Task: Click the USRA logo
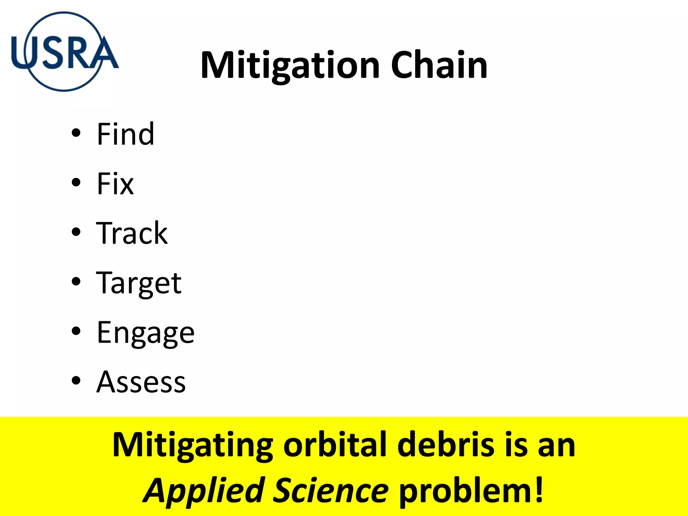click(64, 52)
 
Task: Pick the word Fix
click(115, 183)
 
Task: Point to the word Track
click(132, 233)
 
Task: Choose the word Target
click(139, 283)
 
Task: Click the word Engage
click(145, 333)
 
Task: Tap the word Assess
click(141, 382)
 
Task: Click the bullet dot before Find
click(76, 133)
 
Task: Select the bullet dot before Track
click(76, 232)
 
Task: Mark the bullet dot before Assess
click(76, 381)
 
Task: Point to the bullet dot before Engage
click(76, 331)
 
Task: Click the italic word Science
click(331, 490)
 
